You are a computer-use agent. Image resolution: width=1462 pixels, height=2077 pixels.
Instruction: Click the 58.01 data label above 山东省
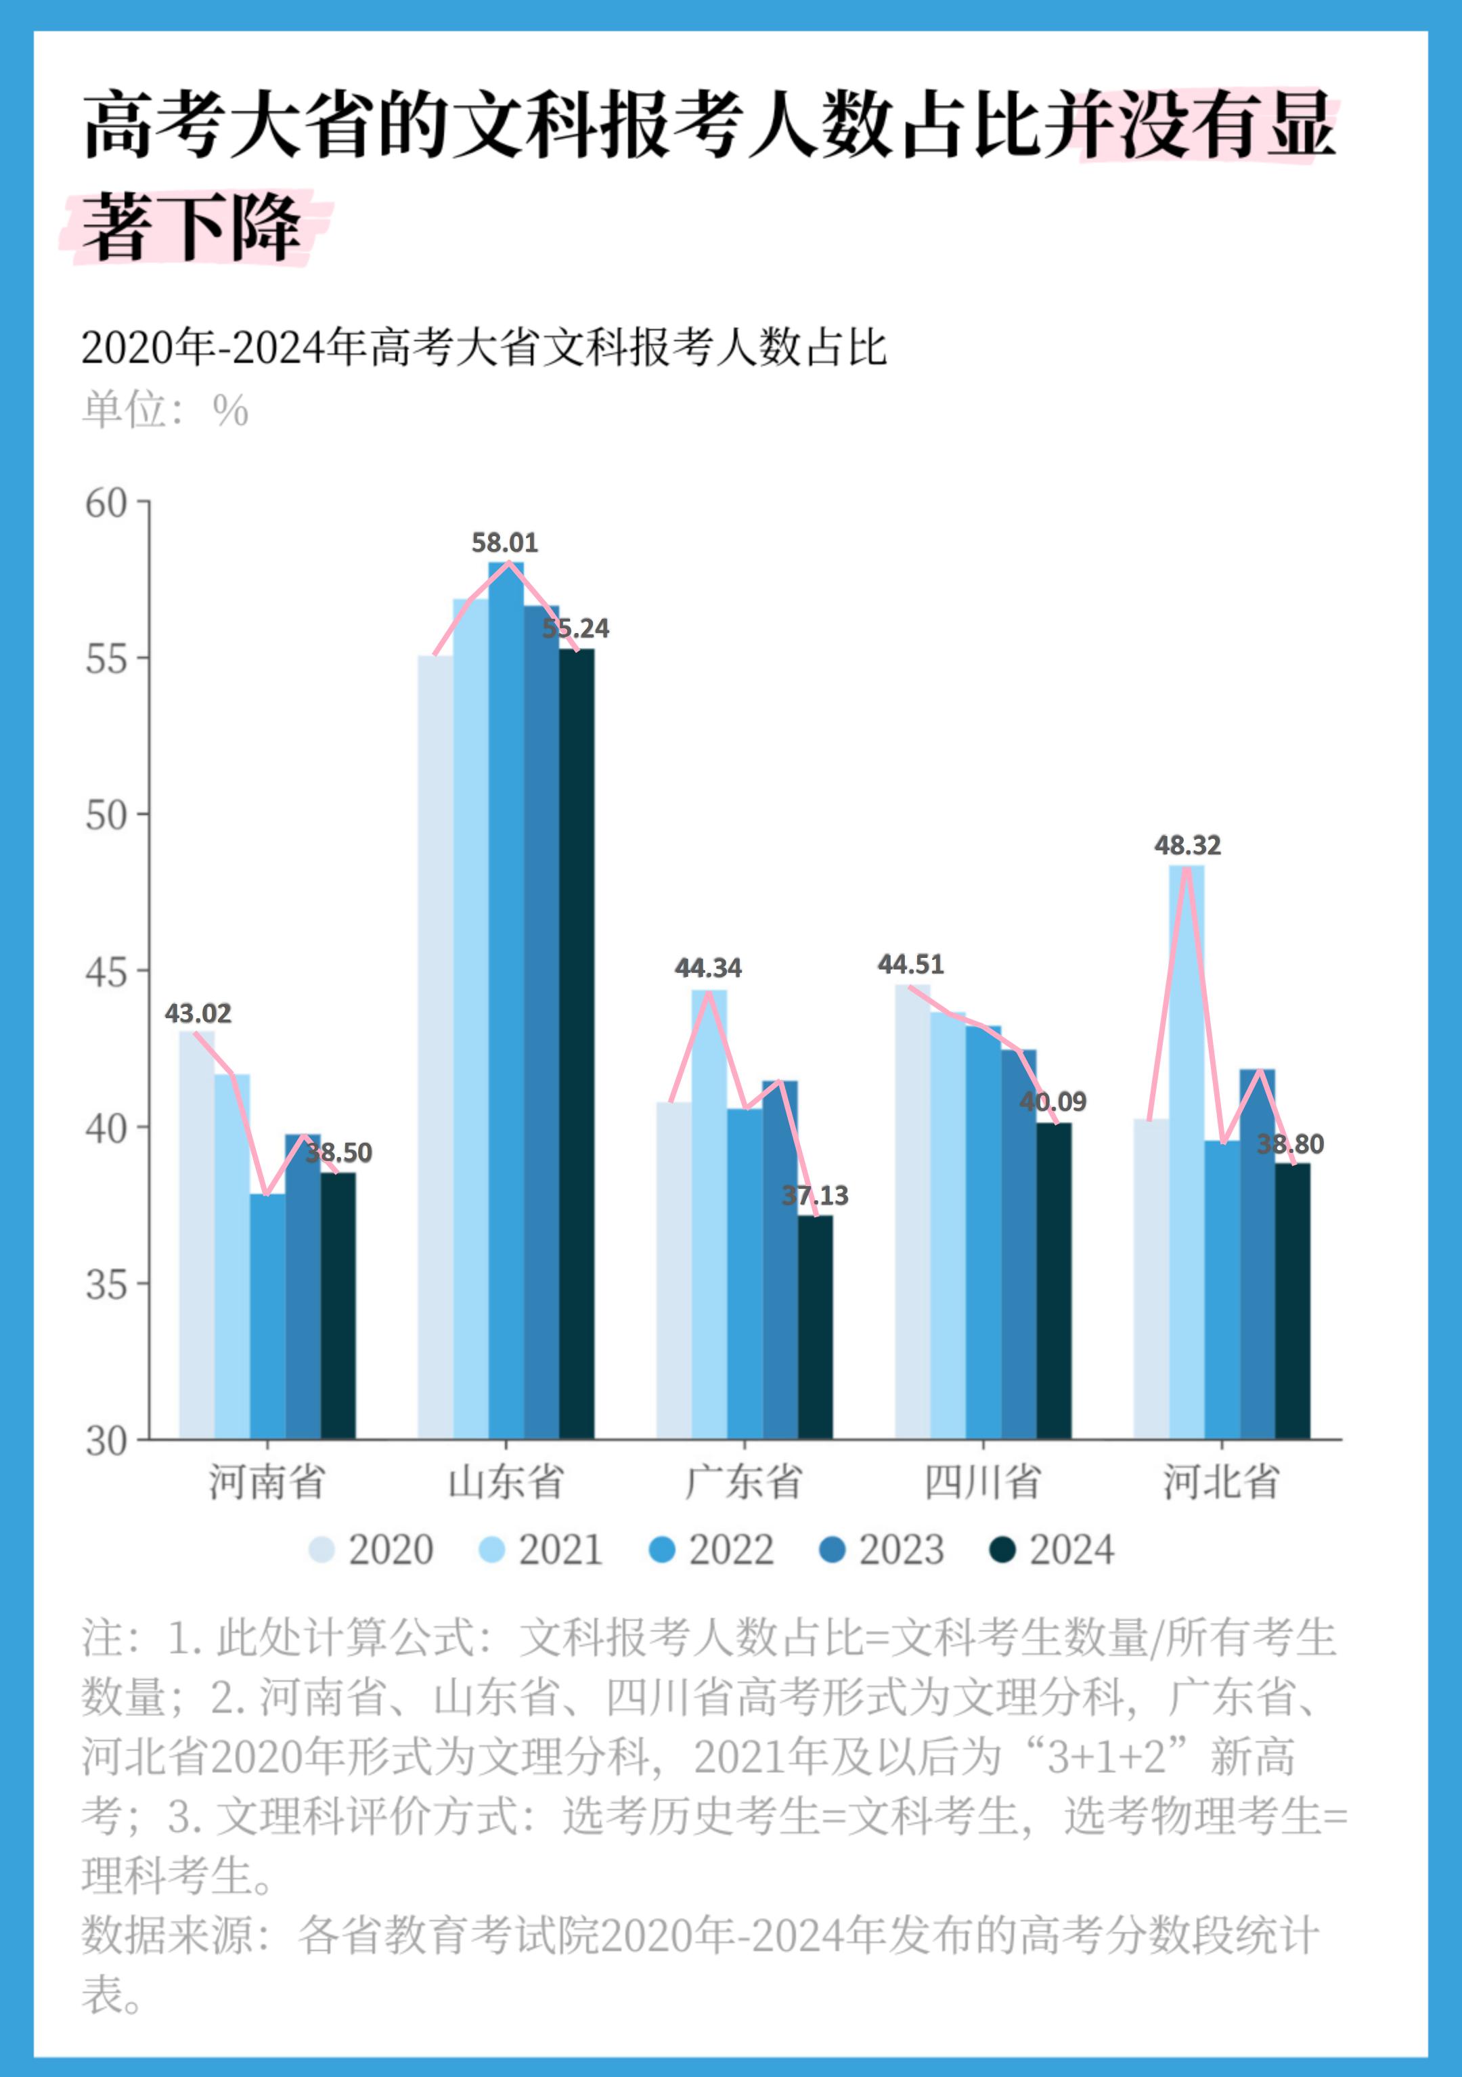click(505, 543)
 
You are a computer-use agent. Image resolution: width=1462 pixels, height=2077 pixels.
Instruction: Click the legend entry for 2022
click(712, 1550)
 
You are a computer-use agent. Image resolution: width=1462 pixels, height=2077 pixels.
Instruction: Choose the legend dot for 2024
click(1002, 1550)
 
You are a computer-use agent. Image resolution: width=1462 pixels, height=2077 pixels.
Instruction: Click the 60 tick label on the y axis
click(106, 504)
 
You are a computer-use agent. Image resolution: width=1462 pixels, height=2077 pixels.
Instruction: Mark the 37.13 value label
click(815, 1196)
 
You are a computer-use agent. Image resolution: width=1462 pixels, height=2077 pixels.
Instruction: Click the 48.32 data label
click(1187, 845)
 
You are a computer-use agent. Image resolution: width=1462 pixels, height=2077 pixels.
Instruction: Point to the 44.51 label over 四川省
click(910, 964)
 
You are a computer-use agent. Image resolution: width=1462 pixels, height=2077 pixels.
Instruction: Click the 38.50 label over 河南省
click(338, 1152)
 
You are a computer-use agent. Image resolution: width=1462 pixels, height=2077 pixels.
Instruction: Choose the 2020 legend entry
click(371, 1550)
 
